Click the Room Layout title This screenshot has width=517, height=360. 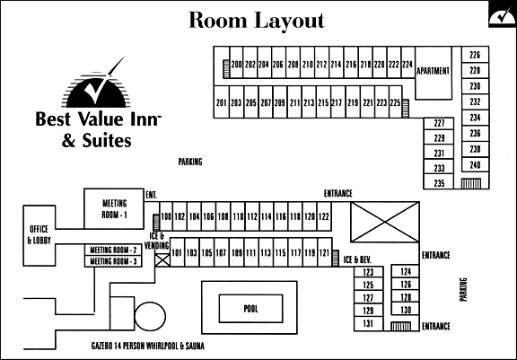coord(257,21)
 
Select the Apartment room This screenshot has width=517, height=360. coord(434,73)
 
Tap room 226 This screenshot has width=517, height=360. coord(475,55)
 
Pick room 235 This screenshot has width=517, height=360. coord(439,182)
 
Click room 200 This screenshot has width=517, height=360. coord(236,62)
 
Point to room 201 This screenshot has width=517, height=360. coord(221,101)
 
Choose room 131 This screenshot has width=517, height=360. coord(368,324)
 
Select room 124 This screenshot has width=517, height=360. coord(406,271)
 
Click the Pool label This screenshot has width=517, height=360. coord(251,309)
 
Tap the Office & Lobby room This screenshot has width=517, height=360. coord(39,235)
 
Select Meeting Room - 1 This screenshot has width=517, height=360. coord(114,208)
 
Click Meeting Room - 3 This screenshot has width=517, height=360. coord(113,261)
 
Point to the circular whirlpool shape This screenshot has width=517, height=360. coord(150,317)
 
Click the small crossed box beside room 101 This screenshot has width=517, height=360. coord(162,259)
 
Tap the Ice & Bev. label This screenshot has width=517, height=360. coord(357,259)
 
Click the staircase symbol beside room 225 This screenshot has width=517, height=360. coord(406,108)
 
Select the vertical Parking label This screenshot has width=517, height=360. coord(463,289)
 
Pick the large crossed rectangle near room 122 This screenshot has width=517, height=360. coord(385,222)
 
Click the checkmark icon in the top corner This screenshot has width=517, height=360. coord(502,16)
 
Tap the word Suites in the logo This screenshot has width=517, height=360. coord(107,141)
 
